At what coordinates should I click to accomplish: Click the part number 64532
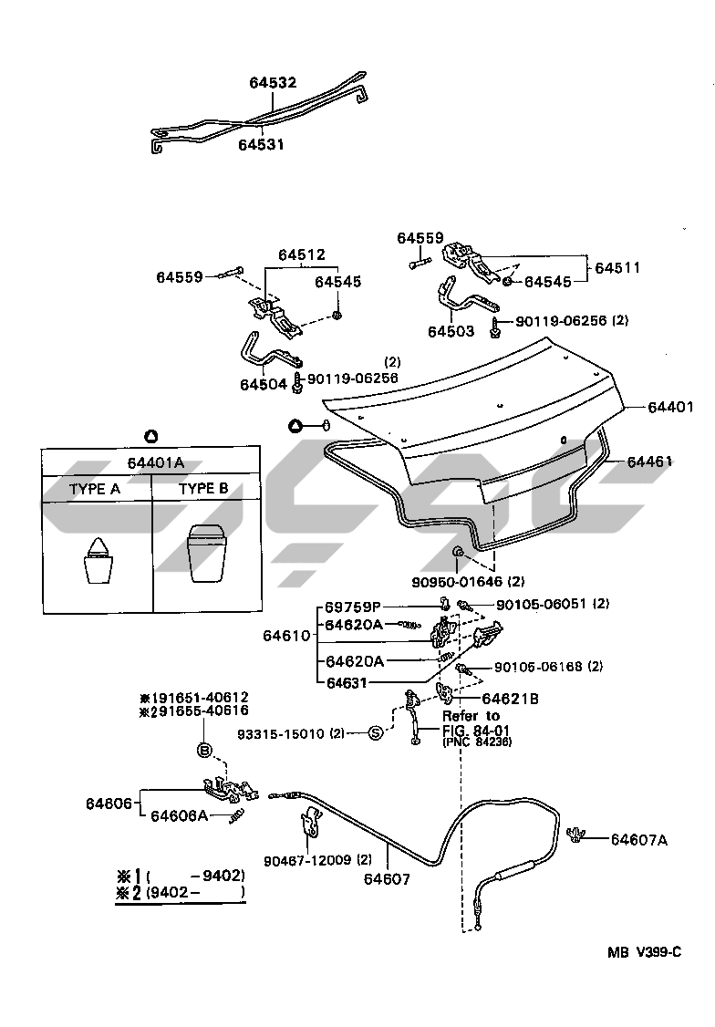point(273,83)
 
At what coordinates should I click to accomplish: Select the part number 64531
point(262,144)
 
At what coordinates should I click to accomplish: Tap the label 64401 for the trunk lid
point(671,406)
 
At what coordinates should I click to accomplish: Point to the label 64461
point(648,462)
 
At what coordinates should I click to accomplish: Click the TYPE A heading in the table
point(95,489)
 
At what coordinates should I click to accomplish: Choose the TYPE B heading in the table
point(203,489)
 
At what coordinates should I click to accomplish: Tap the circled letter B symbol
point(205,750)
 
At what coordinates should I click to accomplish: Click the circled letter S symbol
point(377,732)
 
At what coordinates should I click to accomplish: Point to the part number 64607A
point(638,840)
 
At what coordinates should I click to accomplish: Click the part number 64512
point(301,254)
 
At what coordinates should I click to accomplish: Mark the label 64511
point(617,268)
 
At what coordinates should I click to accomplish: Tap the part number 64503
point(451,331)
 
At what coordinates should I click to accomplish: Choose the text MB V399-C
point(645,952)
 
